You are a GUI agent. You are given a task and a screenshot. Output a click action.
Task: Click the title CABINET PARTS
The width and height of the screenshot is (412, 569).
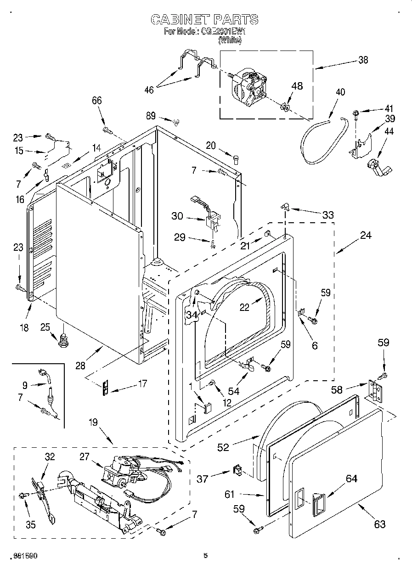(204, 19)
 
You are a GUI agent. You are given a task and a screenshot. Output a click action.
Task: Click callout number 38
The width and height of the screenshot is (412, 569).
(363, 60)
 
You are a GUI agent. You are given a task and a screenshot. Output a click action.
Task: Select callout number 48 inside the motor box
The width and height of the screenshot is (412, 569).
(297, 86)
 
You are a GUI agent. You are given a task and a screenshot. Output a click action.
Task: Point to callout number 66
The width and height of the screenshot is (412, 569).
(97, 101)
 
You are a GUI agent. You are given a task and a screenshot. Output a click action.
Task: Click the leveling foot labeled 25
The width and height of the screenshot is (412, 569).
(64, 342)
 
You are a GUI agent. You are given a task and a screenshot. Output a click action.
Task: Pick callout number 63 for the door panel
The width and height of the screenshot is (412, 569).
(379, 524)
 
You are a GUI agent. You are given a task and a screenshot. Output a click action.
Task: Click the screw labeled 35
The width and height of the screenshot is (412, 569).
(23, 495)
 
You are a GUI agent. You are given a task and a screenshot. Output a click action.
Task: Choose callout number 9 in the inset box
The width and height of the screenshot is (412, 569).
(24, 385)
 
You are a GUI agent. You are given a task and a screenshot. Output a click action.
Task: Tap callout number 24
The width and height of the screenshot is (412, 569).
(366, 235)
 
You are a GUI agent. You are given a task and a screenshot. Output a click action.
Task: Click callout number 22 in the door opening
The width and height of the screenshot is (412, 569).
(244, 308)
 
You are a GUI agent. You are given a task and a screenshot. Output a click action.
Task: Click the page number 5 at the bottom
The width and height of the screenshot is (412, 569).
(206, 556)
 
